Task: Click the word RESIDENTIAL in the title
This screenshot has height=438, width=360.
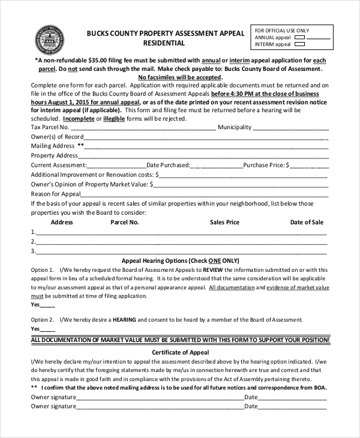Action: click(x=164, y=43)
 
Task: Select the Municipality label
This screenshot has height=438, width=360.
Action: click(x=234, y=127)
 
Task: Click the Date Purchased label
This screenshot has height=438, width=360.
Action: click(x=168, y=164)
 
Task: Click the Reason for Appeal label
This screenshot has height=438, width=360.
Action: click(x=55, y=194)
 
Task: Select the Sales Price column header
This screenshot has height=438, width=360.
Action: click(x=224, y=222)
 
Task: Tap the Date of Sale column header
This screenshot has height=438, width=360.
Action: click(x=307, y=222)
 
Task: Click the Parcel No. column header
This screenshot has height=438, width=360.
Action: click(x=125, y=222)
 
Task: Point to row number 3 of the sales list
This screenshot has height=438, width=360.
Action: click(x=33, y=251)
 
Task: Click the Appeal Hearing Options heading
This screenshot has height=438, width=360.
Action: click(x=180, y=261)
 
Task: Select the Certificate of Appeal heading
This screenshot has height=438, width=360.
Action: click(x=180, y=352)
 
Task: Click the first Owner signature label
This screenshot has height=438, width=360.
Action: click(x=53, y=397)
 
